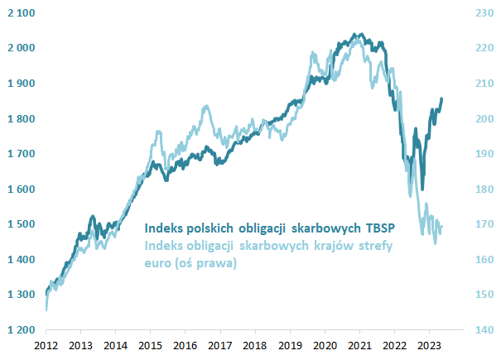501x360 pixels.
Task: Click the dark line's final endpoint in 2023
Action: [x=441, y=98]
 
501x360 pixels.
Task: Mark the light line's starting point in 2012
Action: [x=46, y=310]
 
